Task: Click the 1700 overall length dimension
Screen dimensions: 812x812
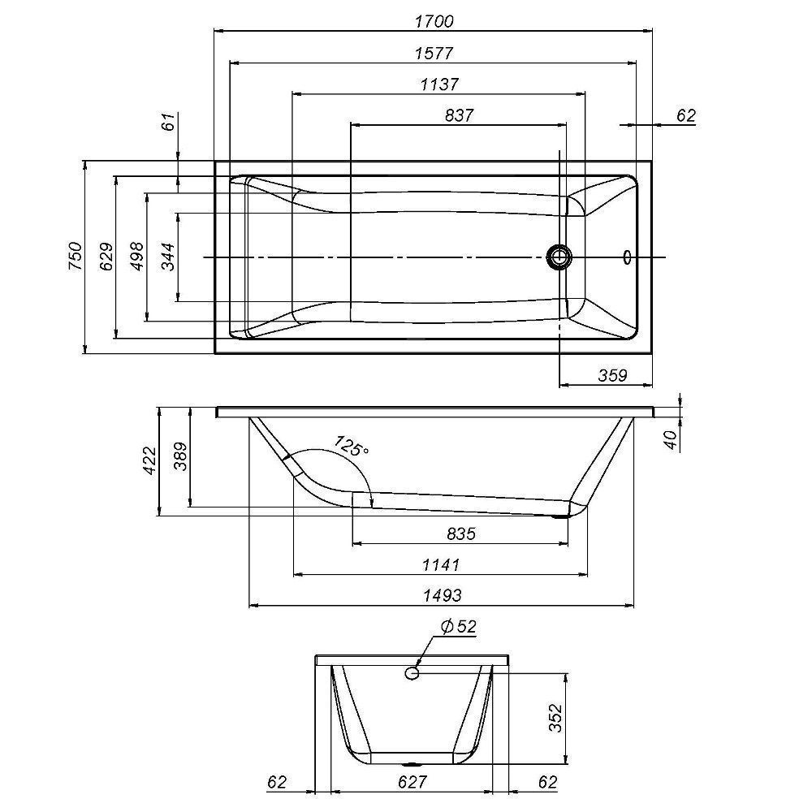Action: (434, 22)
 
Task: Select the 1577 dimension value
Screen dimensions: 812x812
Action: (434, 54)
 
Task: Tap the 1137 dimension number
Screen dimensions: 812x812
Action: (439, 84)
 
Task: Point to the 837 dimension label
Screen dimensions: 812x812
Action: (459, 115)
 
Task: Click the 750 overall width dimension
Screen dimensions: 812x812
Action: (76, 256)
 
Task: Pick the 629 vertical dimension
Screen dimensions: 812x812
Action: (106, 257)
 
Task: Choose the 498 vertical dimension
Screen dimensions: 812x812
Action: (137, 256)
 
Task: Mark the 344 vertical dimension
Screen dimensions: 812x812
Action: (168, 257)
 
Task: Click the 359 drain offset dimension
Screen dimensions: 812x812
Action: (612, 375)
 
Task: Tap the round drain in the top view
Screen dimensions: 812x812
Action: (559, 257)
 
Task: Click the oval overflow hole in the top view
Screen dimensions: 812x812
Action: (628, 257)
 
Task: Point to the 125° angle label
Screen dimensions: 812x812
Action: (351, 446)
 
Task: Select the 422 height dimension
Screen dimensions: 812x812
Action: (149, 460)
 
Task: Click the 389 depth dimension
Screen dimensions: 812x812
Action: (180, 456)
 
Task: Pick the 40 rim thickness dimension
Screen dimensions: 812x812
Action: (671, 439)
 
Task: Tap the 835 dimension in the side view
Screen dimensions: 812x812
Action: (461, 533)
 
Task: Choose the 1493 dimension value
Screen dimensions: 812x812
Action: (443, 595)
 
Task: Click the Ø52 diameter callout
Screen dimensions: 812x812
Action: (458, 626)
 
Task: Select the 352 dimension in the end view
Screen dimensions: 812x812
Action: (555, 717)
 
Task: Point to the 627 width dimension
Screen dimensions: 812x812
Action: (412, 782)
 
